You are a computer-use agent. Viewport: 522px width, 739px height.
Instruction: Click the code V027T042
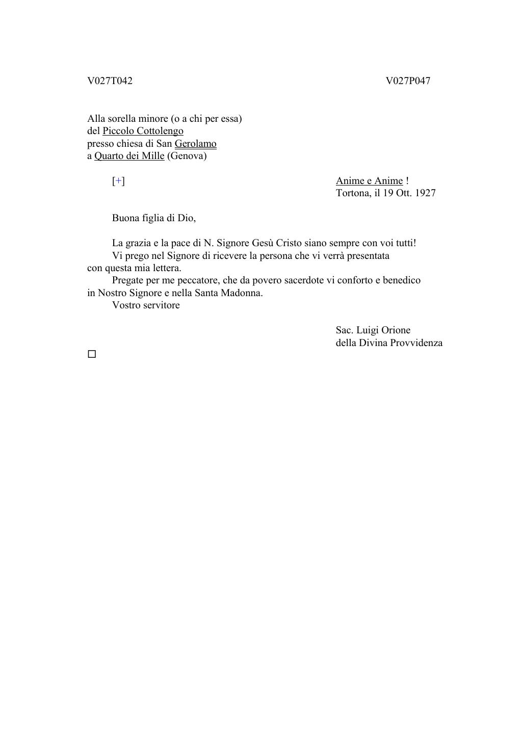click(110, 81)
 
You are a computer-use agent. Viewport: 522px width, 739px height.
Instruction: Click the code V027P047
click(408, 81)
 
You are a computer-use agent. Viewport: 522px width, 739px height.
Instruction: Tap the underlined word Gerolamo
click(195, 144)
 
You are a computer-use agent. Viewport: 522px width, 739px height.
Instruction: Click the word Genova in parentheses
click(187, 156)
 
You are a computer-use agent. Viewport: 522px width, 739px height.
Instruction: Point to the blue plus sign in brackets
click(118, 181)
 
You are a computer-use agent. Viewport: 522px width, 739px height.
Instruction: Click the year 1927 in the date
click(425, 193)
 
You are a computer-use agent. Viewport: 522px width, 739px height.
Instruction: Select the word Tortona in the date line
click(352, 193)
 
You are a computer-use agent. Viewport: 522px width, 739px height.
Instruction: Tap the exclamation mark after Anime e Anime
click(407, 181)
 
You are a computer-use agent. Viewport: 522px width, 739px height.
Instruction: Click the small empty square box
click(92, 354)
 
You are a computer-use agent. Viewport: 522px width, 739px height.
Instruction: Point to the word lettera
click(167, 268)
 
